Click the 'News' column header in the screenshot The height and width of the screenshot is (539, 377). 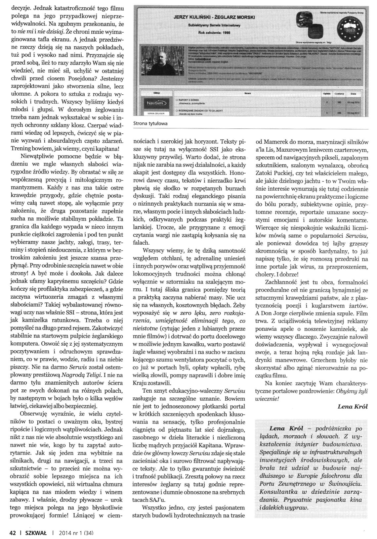coord(247,94)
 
